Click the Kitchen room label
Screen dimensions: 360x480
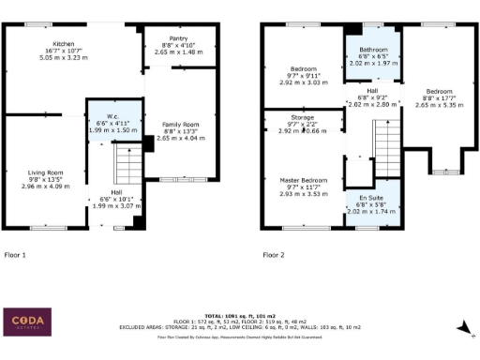tap(64, 43)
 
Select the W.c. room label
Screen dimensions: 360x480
tap(108, 110)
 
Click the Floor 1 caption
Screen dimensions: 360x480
tap(16, 254)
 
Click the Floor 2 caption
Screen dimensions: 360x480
tap(274, 254)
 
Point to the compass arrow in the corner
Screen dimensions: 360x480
tap(461, 327)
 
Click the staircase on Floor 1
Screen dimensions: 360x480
tap(126, 168)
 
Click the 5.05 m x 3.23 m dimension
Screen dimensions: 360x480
tap(64, 57)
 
